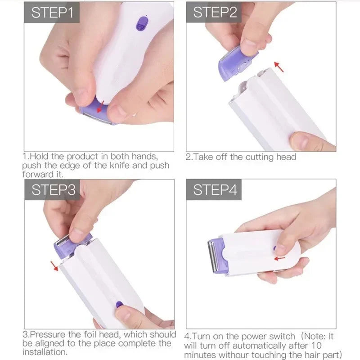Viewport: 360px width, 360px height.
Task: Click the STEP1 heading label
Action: pos(52,12)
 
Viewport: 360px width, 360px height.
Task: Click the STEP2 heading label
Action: pos(215,12)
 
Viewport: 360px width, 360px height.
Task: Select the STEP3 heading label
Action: pos(53,190)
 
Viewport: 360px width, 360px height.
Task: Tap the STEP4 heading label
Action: pos(215,190)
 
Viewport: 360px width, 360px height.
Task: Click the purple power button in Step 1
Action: pos(142,23)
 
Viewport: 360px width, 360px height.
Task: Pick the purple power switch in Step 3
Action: pos(119,304)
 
